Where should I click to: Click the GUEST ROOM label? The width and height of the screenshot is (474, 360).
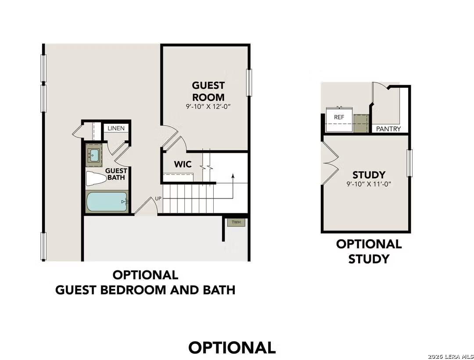(x=208, y=91)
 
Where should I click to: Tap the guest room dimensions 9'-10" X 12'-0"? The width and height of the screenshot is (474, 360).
(x=208, y=106)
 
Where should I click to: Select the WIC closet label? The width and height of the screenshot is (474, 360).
(x=183, y=164)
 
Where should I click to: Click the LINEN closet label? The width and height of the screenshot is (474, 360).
(x=116, y=128)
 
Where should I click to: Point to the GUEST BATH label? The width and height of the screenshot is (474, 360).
(x=117, y=174)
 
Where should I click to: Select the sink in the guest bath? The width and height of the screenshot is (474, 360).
(x=94, y=154)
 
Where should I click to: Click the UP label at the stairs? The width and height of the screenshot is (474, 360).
(x=158, y=198)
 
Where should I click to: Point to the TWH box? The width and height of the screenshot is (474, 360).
(x=236, y=222)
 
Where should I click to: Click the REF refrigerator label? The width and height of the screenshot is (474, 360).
(x=339, y=117)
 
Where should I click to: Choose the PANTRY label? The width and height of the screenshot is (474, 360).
(x=388, y=129)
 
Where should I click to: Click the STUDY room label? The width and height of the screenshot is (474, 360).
(x=369, y=175)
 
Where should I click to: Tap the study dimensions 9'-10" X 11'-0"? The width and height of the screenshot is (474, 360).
(x=369, y=184)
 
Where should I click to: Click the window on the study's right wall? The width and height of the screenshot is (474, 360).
(x=409, y=163)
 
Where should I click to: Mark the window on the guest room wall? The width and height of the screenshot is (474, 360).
(x=249, y=83)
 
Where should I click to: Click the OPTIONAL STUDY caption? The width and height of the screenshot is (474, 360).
(x=369, y=251)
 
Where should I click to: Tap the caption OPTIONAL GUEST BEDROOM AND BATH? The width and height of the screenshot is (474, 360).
(x=145, y=282)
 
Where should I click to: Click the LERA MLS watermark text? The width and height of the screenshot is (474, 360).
(x=451, y=355)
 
